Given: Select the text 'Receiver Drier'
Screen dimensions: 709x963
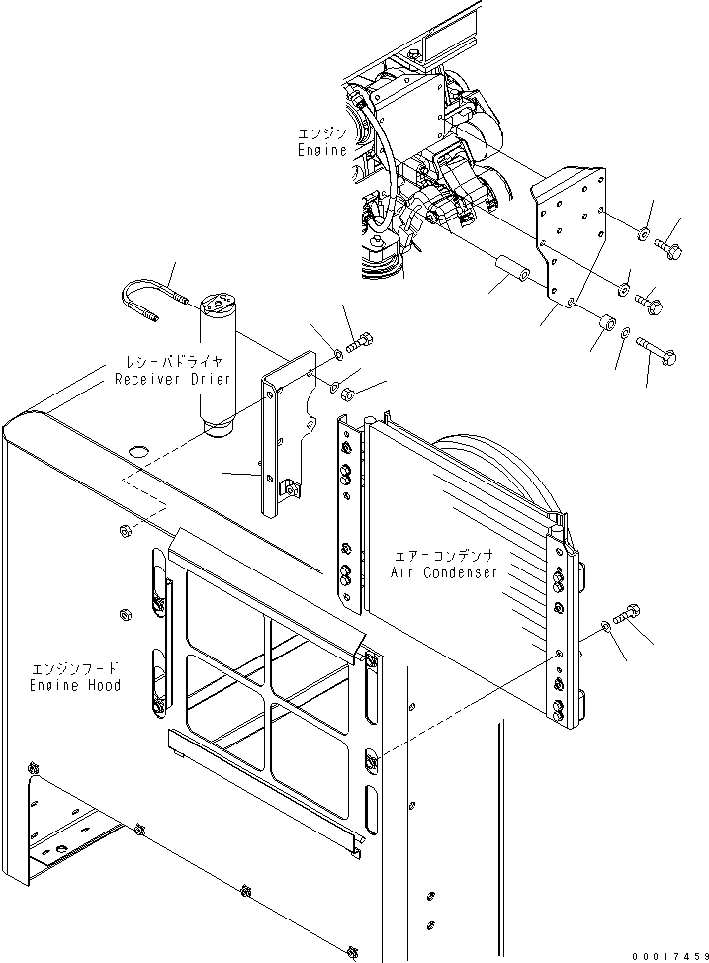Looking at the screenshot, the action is (173, 379).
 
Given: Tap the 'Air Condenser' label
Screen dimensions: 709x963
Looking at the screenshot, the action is (444, 572).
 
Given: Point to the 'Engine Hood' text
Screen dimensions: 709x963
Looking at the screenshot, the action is (75, 685).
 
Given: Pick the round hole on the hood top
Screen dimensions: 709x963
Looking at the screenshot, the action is (138, 452).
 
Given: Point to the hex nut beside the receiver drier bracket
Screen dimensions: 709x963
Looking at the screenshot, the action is (346, 394).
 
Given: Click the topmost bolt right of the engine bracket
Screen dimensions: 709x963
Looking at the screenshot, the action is (668, 249).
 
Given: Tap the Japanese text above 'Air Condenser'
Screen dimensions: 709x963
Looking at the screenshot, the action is (444, 556).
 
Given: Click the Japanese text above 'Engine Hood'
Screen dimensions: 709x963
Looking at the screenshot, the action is (74, 667).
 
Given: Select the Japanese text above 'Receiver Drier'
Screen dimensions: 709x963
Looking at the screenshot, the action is (173, 361).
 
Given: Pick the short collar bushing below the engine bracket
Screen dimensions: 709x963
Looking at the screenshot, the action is (607, 321).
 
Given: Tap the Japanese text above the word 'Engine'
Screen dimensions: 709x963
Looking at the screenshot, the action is (322, 132).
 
